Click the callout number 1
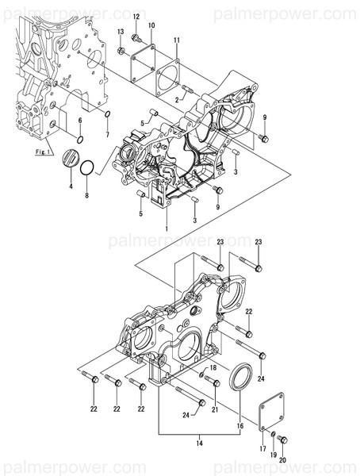click(167, 228)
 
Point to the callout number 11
click(176, 40)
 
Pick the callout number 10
click(151, 26)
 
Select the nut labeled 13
click(121, 52)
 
